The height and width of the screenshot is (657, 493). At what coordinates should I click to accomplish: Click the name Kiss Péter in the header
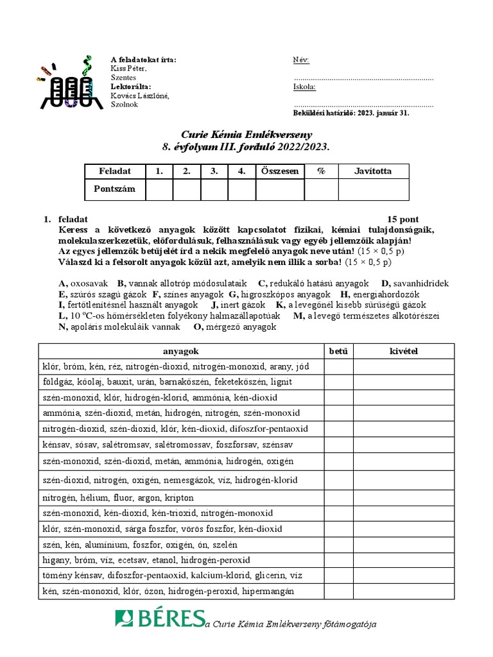tap(128, 69)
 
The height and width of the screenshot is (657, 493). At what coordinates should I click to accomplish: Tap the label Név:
tap(301, 60)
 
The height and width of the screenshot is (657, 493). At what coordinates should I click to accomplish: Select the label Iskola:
tap(304, 87)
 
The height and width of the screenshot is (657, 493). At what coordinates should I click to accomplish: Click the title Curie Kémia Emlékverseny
tap(246, 135)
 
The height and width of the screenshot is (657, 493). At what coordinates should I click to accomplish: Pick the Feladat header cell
tap(115, 171)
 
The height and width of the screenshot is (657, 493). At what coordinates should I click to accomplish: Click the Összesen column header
tap(279, 171)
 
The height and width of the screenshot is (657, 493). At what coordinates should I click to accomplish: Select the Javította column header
tap(372, 171)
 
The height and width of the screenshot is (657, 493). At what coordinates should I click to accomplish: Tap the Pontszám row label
tap(115, 190)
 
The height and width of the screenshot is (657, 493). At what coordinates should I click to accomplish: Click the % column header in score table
tap(320, 171)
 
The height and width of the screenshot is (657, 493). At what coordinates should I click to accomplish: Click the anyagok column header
tap(181, 351)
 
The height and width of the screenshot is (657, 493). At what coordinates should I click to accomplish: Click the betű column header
tap(338, 351)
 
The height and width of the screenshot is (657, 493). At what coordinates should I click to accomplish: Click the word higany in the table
tap(55, 559)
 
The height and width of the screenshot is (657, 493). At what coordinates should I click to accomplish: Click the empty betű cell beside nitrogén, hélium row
tap(338, 498)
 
